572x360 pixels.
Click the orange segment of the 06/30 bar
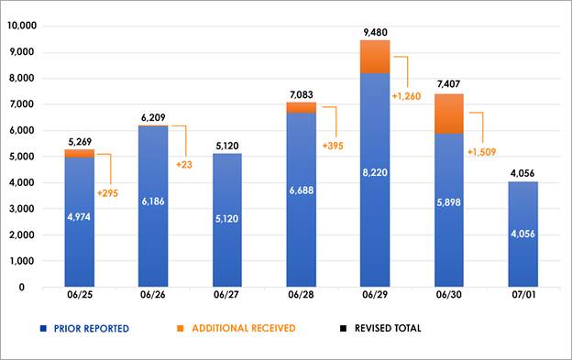(x=449, y=113)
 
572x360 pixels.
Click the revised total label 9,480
(x=374, y=32)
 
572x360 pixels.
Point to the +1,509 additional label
(x=483, y=152)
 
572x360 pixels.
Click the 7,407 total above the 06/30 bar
(x=449, y=85)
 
